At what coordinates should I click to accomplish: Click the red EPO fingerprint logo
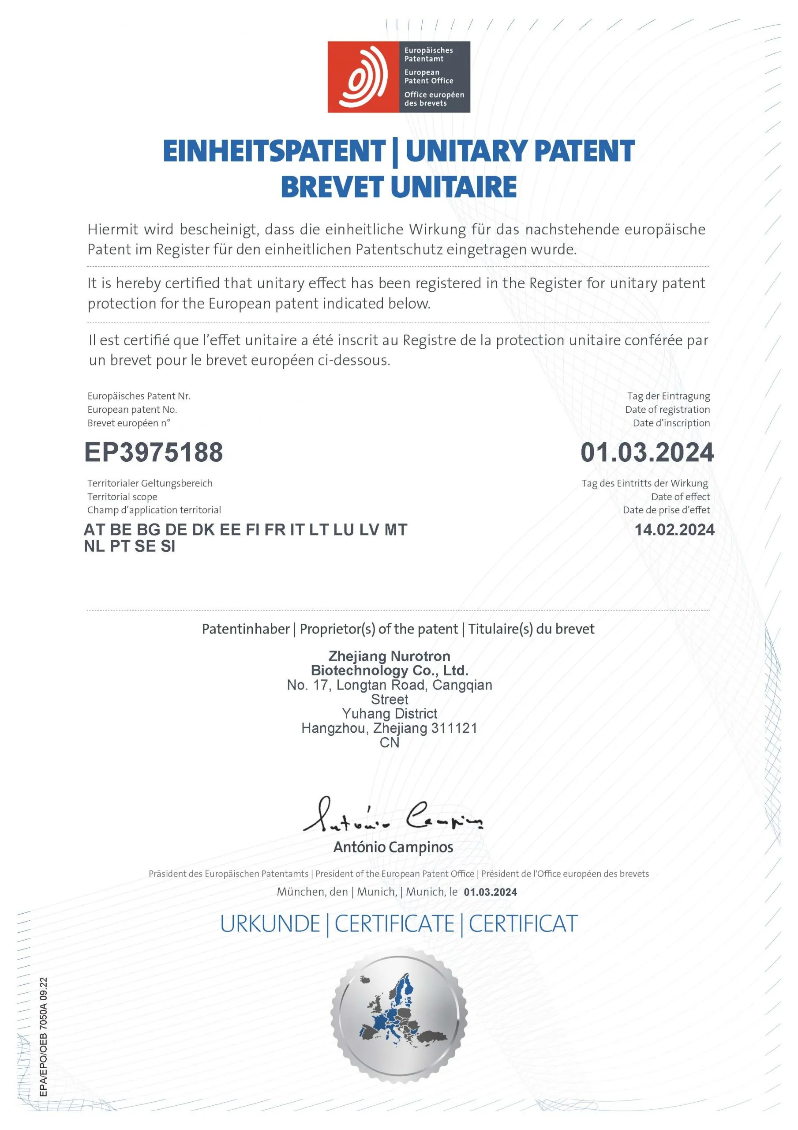(363, 77)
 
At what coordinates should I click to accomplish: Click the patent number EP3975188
(154, 452)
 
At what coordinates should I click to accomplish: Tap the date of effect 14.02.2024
(674, 530)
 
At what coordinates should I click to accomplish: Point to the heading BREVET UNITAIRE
(398, 187)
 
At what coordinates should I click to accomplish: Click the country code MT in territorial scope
(396, 530)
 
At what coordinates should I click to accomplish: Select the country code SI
(168, 546)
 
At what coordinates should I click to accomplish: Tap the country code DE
(176, 530)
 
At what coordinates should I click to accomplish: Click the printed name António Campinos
(393, 847)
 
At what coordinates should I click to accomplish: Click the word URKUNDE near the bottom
(270, 924)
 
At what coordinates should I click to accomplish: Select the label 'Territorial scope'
(123, 497)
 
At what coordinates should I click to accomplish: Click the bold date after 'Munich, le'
(490, 892)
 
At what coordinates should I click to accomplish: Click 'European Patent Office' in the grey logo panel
(428, 76)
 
